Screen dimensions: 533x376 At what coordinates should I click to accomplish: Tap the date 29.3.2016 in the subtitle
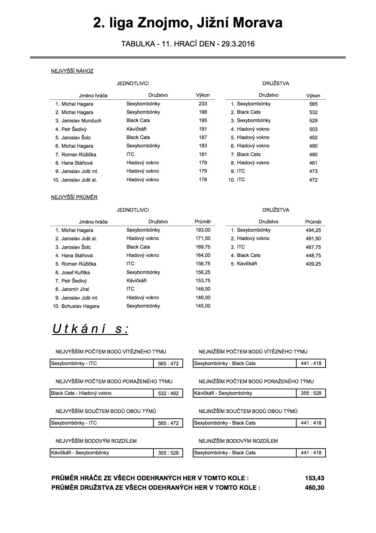tap(238, 44)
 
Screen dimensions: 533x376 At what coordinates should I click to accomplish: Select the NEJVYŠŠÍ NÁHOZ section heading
tap(72, 71)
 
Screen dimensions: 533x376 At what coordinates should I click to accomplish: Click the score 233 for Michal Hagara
tap(203, 104)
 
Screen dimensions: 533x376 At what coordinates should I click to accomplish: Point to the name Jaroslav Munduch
tap(81, 121)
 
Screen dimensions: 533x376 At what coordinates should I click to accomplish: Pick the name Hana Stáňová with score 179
tap(77, 163)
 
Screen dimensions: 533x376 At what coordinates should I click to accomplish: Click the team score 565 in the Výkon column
tap(313, 104)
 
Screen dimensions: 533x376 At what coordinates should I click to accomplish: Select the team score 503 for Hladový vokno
tap(313, 129)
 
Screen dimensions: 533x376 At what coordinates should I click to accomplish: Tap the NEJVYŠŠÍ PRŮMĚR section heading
tap(74, 197)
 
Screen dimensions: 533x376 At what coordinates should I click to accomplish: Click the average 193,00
tap(203, 230)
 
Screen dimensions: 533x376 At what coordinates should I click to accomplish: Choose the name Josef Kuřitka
tap(76, 272)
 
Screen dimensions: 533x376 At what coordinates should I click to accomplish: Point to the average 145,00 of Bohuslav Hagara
tap(203, 306)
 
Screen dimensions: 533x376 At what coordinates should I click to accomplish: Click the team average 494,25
tap(313, 230)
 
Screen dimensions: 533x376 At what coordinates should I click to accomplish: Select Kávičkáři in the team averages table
tap(247, 264)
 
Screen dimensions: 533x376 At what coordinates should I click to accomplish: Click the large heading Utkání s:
tap(90, 329)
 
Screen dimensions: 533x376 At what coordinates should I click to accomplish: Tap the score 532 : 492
tap(168, 393)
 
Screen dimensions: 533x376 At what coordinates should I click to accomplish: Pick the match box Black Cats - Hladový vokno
tap(81, 393)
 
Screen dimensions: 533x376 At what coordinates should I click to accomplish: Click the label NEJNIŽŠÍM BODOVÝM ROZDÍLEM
tap(238, 441)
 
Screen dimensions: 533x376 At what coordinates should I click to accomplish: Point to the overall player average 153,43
tap(314, 478)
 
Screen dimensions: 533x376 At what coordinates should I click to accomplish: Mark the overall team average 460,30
tap(314, 488)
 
